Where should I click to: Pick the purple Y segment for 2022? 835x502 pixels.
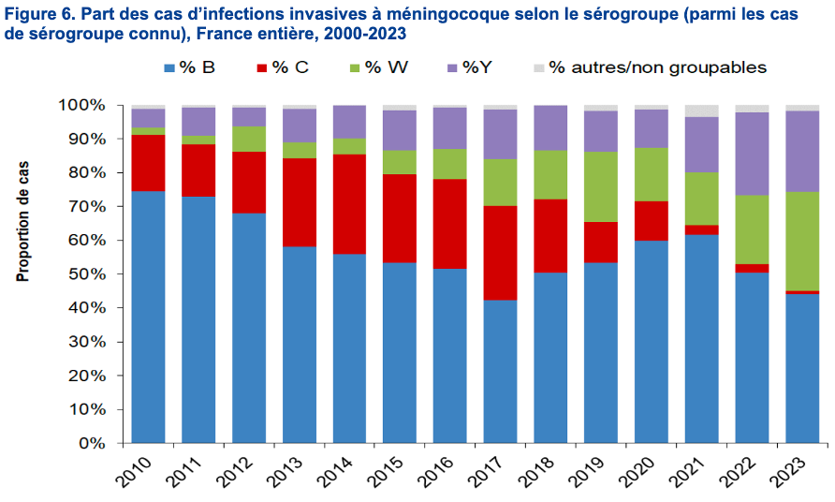[752, 154]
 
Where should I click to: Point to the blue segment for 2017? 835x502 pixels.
[501, 371]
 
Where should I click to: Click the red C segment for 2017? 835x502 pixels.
[501, 253]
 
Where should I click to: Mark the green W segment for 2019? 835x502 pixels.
[601, 186]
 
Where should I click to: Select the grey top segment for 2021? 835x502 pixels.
[702, 111]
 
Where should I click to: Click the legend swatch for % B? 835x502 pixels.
[169, 67]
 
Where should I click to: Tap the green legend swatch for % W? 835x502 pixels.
[352, 67]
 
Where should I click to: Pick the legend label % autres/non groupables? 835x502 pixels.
[657, 67]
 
